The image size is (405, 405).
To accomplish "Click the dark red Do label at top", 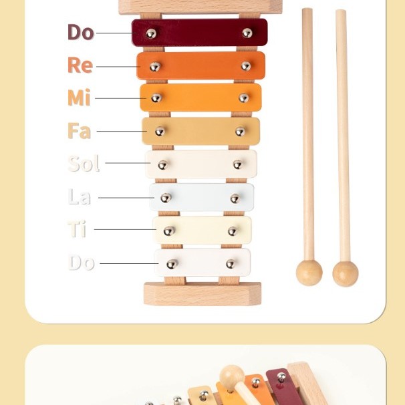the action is pyautogui.click(x=81, y=32).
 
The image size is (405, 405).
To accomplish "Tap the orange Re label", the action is pyautogui.click(x=80, y=65).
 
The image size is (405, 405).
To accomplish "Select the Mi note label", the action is pyautogui.click(x=79, y=98).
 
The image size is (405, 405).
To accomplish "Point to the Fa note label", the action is pyautogui.click(x=80, y=131).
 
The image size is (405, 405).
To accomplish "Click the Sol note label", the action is pyautogui.click(x=84, y=164).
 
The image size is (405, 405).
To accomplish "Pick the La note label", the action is pyautogui.click(x=80, y=196).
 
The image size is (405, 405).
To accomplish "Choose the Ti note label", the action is pyautogui.click(x=77, y=229).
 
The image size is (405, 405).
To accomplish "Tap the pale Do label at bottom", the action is pyautogui.click(x=82, y=263).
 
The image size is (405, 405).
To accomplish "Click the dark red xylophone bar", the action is pyautogui.click(x=199, y=33).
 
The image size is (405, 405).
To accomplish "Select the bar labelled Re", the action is pyautogui.click(x=200, y=65).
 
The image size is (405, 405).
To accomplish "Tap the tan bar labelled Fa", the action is pyautogui.click(x=200, y=131).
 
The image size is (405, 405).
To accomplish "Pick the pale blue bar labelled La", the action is pyautogui.click(x=201, y=197).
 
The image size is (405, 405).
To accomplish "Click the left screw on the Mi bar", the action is pyautogui.click(x=156, y=98).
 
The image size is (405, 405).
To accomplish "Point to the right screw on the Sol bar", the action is pyautogui.click(x=237, y=164).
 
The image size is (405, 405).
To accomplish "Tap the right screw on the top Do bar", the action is pyautogui.click(x=247, y=33).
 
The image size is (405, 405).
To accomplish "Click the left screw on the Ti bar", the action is pyautogui.click(x=169, y=231).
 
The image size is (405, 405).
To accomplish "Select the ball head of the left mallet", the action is pyautogui.click(x=309, y=273).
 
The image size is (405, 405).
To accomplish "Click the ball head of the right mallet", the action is pyautogui.click(x=346, y=274).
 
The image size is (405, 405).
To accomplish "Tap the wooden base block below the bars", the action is pyautogui.click(x=202, y=294).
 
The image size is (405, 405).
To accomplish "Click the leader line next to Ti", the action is pyautogui.click(x=125, y=229).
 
